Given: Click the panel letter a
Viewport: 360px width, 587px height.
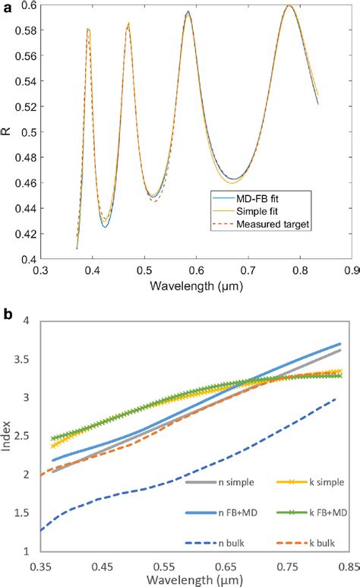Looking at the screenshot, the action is (x=8, y=8).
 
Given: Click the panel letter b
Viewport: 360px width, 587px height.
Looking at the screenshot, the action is (x=8, y=314).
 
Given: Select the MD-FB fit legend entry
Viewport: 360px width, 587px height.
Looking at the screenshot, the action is (x=245, y=198).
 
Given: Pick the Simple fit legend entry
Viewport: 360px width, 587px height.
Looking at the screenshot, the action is (x=245, y=211).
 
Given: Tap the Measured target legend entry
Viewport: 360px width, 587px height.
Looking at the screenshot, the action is (x=261, y=224).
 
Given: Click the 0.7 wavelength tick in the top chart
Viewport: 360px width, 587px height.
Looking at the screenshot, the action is (x=248, y=270).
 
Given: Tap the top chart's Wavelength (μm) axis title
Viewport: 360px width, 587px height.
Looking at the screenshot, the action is (x=196, y=286).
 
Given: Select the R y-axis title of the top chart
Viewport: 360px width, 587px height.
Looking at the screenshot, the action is (x=8, y=132).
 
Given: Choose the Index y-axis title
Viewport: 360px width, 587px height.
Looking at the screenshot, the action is (x=6, y=436).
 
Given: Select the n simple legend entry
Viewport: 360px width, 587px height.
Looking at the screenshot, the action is (x=220, y=482).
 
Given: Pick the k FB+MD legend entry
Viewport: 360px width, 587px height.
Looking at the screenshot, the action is (x=311, y=513).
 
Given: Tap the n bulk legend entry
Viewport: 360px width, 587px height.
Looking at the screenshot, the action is (x=215, y=543).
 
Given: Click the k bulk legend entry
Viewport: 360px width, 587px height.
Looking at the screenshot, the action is (x=305, y=543).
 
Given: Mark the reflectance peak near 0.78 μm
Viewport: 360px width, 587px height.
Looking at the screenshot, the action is (x=289, y=5).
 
